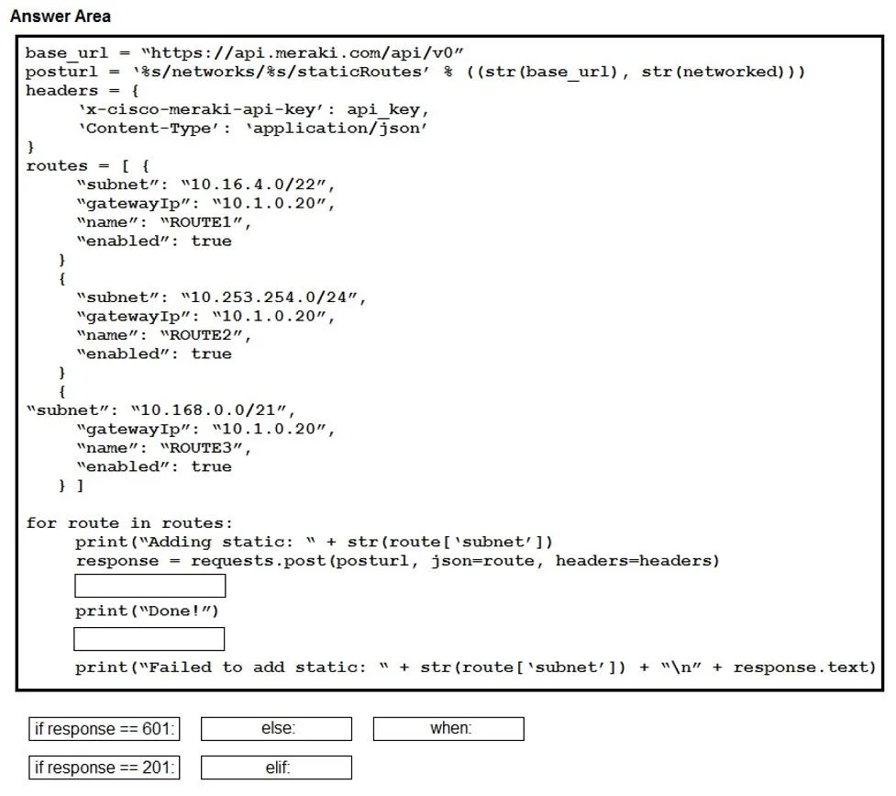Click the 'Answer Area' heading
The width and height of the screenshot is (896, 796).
[x=60, y=16]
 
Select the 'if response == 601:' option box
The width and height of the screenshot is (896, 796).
[x=105, y=728]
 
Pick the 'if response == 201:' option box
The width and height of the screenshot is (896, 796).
[x=105, y=768]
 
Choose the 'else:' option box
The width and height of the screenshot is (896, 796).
[x=277, y=728]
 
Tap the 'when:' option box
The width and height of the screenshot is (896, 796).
[x=448, y=728]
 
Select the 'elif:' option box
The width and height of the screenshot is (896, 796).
[x=277, y=768]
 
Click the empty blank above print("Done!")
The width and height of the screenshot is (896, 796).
[x=150, y=586]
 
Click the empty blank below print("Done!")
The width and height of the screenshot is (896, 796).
[x=149, y=639]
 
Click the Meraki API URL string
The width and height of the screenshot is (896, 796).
[x=303, y=53]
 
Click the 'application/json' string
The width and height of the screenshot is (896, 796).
[x=337, y=129]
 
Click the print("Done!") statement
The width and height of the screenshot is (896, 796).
[x=147, y=611]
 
